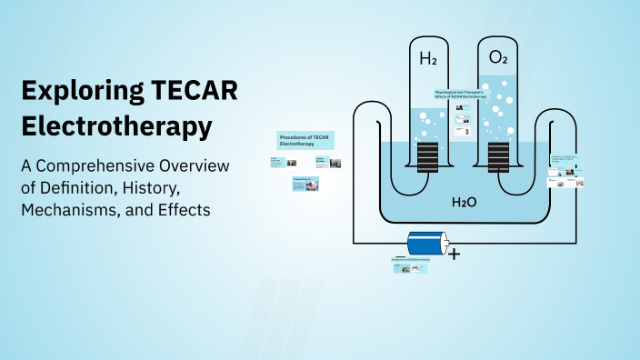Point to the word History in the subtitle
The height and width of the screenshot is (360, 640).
(x=154, y=188)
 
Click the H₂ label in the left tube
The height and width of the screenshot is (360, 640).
(x=427, y=60)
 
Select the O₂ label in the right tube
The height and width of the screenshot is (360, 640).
(x=497, y=58)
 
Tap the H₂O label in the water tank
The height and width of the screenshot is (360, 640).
(x=465, y=200)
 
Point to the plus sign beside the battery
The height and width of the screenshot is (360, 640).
(x=455, y=254)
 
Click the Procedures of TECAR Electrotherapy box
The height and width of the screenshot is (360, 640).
(x=305, y=140)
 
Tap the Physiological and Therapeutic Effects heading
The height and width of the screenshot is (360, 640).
(x=467, y=94)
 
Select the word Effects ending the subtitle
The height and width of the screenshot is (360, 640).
(x=185, y=210)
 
